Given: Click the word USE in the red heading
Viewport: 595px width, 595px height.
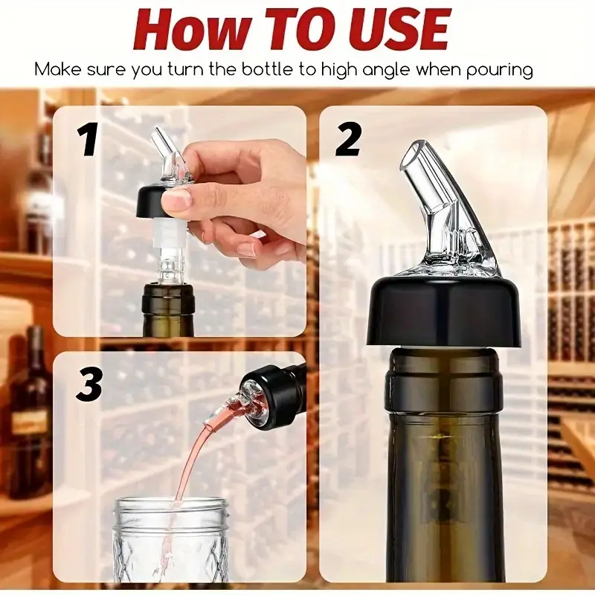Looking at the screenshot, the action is (x=396, y=30).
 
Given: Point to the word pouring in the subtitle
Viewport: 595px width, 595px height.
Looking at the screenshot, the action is (x=499, y=71).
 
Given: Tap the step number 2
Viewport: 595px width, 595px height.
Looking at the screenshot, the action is (x=348, y=140).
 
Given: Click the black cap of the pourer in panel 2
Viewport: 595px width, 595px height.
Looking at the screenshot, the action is (x=443, y=311).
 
